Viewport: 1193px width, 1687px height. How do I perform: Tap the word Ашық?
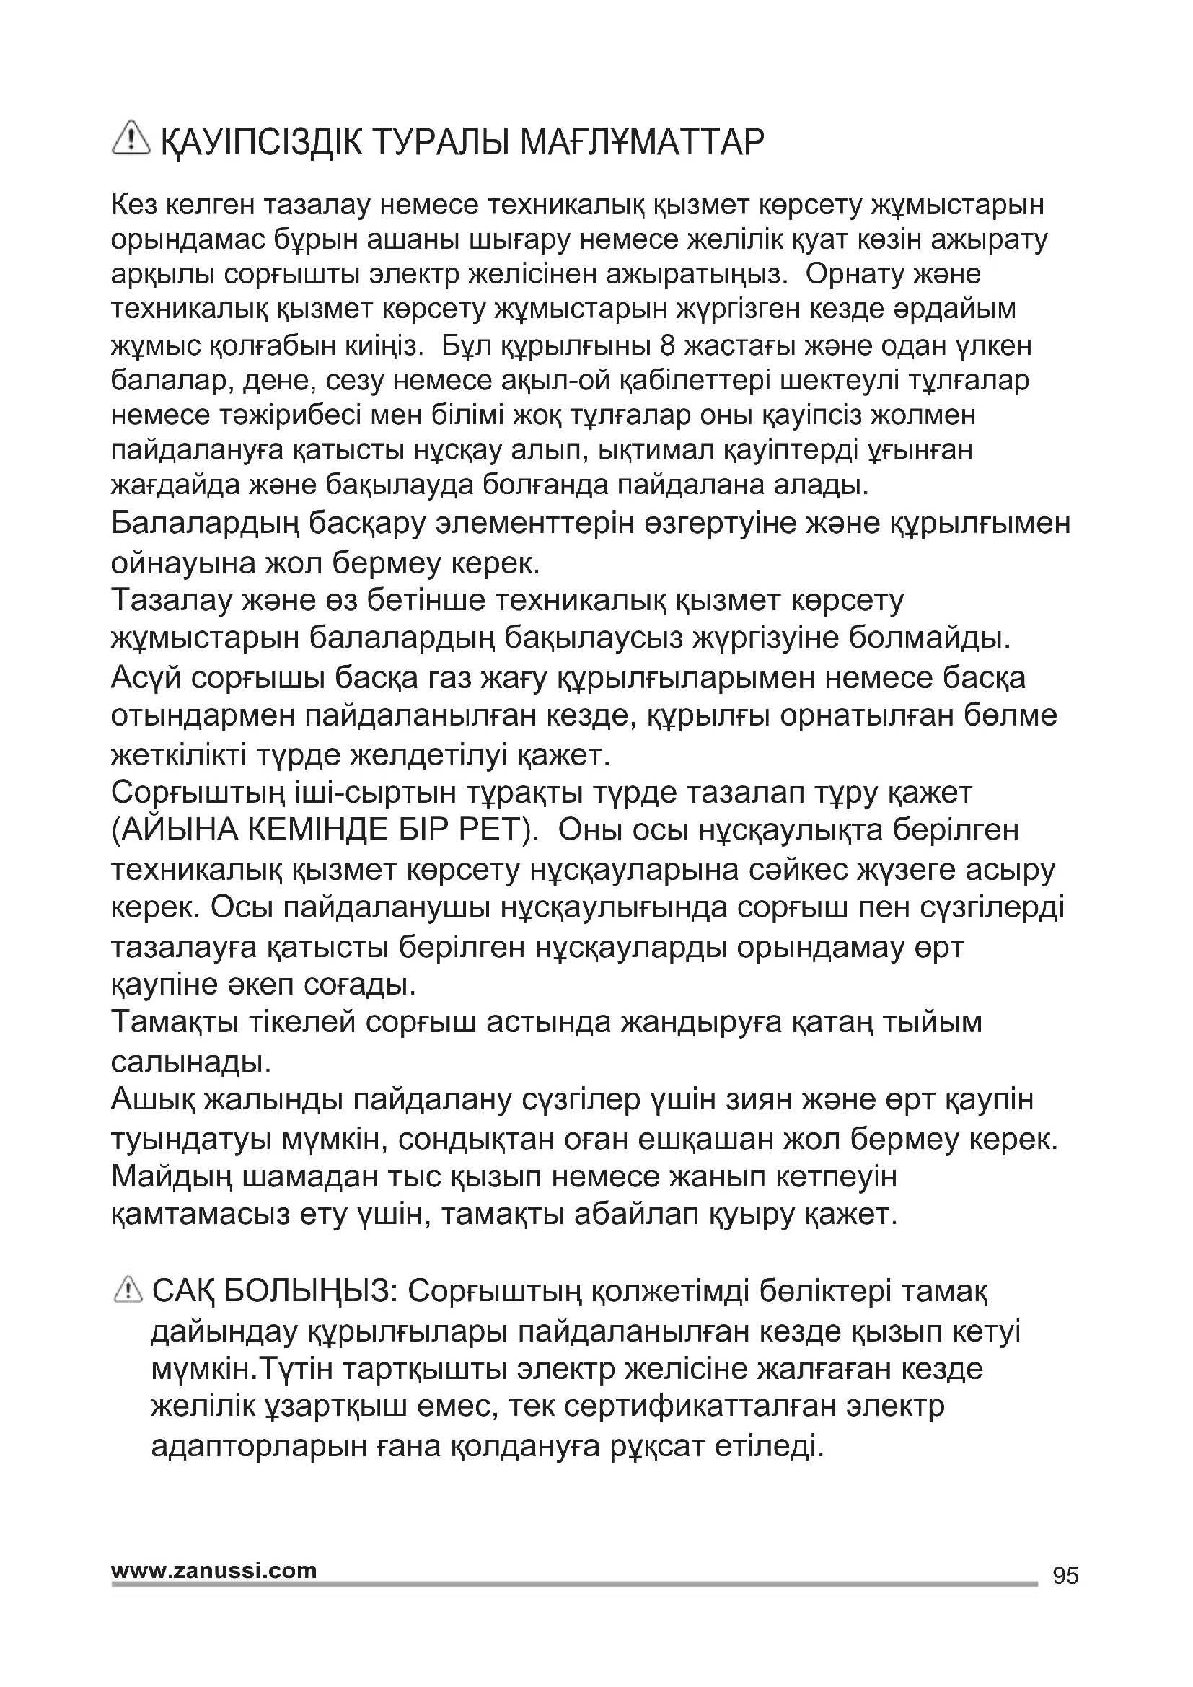click(x=153, y=1100)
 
